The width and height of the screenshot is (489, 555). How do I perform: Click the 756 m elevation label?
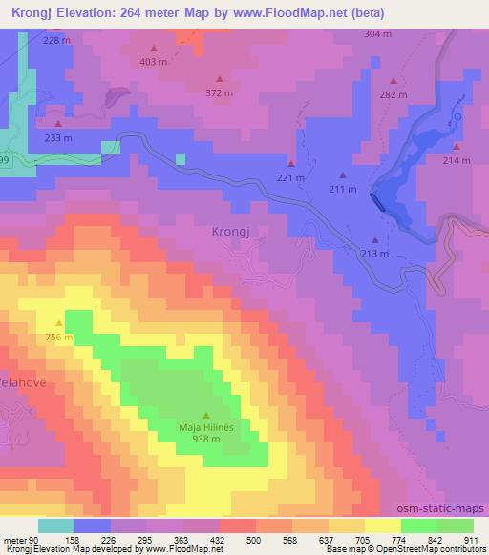(x=58, y=337)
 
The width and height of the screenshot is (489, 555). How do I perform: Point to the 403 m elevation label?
(x=153, y=61)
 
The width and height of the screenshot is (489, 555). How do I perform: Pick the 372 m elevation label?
(x=220, y=92)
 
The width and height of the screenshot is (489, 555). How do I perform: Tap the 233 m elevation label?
(x=58, y=137)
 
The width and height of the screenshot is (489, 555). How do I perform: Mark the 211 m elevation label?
(x=342, y=189)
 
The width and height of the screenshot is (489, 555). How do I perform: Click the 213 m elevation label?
(x=375, y=253)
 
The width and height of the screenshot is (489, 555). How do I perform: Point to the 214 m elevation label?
(x=457, y=161)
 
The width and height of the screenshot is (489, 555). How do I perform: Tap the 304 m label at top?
(x=378, y=33)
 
